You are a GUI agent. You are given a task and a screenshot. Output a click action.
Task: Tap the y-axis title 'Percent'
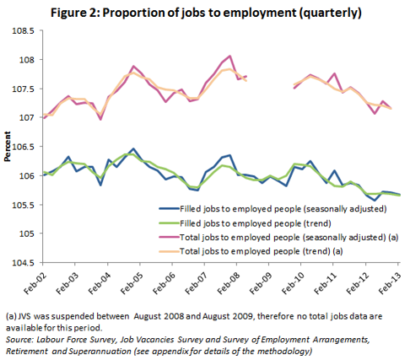click(x=8, y=146)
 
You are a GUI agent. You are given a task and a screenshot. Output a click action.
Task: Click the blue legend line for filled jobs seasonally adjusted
click(x=169, y=208)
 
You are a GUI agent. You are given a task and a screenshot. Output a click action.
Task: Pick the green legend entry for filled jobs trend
click(x=169, y=223)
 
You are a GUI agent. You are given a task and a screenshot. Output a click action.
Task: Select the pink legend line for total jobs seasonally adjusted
click(x=169, y=238)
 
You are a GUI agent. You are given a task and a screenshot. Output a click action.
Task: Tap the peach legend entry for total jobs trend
click(x=169, y=251)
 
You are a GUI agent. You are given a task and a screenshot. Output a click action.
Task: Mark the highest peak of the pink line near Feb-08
click(x=230, y=56)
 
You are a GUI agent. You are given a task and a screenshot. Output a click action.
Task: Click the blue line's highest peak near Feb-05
click(x=133, y=148)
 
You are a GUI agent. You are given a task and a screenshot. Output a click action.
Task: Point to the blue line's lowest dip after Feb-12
click(x=375, y=201)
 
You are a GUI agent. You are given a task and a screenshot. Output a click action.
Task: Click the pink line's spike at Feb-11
click(x=335, y=73)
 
